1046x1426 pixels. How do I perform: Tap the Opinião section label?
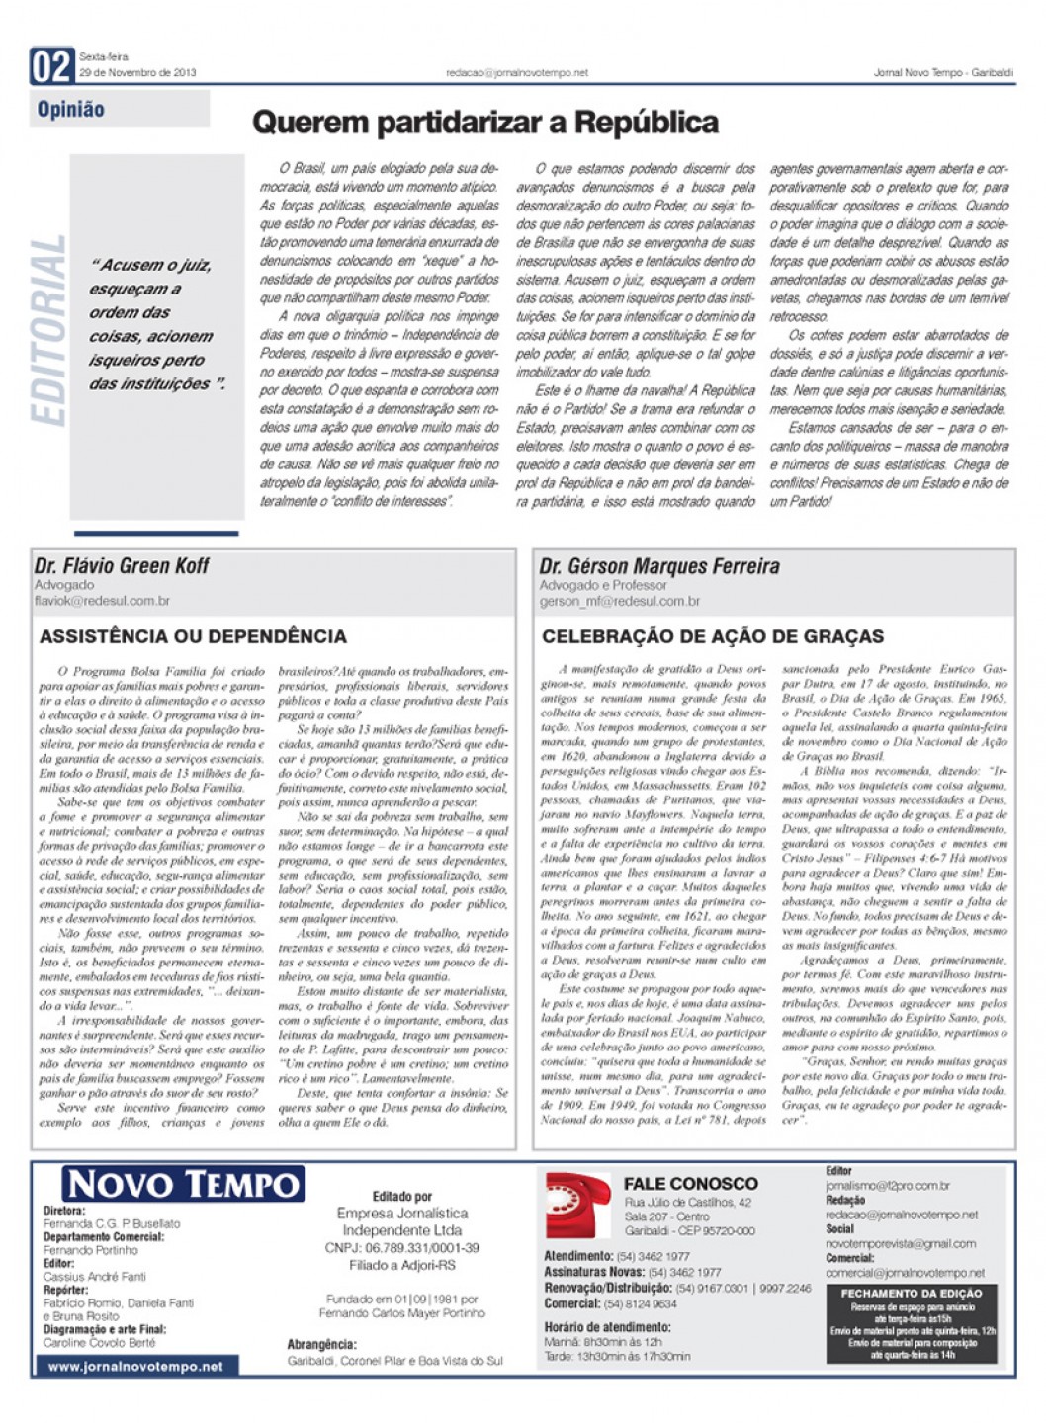point(70,110)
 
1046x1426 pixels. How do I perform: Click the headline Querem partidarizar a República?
point(484,123)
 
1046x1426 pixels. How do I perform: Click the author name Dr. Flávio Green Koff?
point(122,566)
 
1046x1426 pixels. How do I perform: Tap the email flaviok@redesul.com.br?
point(102,601)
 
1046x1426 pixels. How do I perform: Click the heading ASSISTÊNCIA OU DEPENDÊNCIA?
point(193,636)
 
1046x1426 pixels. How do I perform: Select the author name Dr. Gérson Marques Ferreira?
point(658,566)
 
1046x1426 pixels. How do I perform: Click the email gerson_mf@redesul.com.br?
point(619,601)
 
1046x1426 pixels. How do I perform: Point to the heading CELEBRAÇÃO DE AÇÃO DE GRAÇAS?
point(713,636)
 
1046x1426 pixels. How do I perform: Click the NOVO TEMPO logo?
point(184,1184)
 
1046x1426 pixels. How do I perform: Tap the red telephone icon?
point(578,1205)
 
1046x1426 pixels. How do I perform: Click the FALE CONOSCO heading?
point(690,1183)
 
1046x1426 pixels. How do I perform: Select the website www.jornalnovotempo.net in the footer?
point(135,1366)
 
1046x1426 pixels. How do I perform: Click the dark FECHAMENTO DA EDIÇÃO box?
point(912,1323)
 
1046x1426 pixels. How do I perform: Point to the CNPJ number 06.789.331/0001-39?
point(401,1248)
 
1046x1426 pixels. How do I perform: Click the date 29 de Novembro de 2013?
point(137,73)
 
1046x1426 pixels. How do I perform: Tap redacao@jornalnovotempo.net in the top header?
point(517,73)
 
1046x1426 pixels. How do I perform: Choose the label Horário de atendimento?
point(607,1327)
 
